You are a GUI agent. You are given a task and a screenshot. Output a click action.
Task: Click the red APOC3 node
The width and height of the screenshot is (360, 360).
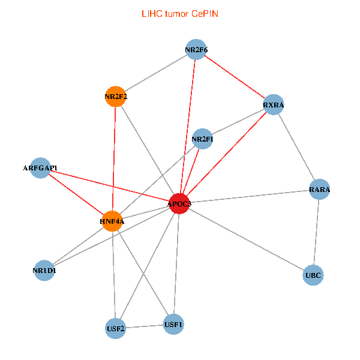[179, 204]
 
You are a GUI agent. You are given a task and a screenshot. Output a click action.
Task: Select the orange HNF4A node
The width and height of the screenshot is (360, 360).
[112, 221]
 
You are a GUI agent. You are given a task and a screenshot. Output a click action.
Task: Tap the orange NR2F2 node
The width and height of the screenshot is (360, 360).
[115, 96]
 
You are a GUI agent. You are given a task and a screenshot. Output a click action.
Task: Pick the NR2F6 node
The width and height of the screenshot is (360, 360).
[196, 49]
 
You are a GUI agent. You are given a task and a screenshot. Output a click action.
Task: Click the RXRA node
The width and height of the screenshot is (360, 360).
[274, 105]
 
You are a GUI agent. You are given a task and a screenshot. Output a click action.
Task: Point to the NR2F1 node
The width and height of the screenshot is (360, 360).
[202, 139]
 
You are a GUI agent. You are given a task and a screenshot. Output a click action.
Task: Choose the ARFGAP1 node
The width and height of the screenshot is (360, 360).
[40, 168]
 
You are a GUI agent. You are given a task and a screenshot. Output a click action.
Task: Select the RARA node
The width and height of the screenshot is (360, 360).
[320, 190]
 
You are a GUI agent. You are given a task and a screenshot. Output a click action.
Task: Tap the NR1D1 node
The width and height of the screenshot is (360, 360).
[44, 270]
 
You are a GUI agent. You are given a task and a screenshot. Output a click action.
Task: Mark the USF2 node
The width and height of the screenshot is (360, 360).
[115, 328]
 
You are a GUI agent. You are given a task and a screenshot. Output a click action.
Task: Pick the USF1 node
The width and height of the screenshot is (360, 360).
[173, 325]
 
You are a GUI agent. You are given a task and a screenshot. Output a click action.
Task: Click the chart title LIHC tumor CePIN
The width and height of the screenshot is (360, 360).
[180, 13]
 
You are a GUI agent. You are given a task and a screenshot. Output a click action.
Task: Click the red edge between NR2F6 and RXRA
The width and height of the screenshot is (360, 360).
[235, 77]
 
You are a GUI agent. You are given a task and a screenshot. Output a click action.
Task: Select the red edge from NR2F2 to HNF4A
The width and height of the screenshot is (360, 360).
[114, 159]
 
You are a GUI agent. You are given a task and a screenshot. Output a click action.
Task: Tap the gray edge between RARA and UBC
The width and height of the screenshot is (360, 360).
[317, 233]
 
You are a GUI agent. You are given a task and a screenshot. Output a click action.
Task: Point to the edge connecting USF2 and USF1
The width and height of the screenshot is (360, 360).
[144, 326]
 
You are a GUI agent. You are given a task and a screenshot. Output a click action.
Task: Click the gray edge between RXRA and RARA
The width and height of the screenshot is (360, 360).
[296, 147]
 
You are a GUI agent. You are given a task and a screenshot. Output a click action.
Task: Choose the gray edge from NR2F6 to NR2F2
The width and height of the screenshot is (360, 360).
[156, 73]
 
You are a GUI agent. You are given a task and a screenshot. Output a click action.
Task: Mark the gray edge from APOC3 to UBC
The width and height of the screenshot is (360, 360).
[246, 240]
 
